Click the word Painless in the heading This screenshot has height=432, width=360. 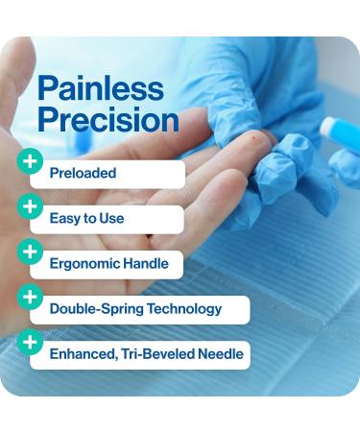coord(100,90)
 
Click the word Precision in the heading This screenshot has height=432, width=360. coord(108,120)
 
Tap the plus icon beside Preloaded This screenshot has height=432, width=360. coord(31,161)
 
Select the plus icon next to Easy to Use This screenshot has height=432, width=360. coord(31,205)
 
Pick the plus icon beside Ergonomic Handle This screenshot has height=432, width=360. coord(31,252)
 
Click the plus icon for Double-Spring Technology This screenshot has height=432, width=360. coord(31,297)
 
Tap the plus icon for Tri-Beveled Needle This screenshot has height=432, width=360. coord(31,342)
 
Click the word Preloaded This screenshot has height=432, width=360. coord(83,174)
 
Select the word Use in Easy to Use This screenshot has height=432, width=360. coord(111,219)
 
